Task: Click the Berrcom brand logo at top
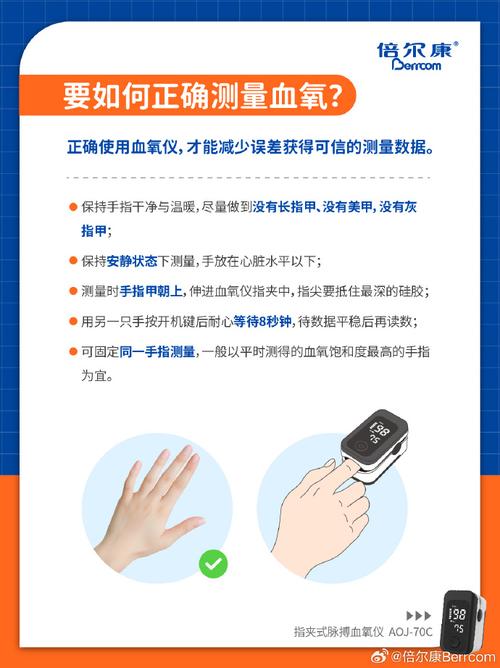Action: [x=417, y=55]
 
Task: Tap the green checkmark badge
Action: [x=213, y=564]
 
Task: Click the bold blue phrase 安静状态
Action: [x=132, y=261]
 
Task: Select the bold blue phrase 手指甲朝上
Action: [x=151, y=291]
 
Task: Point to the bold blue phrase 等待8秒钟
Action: [x=262, y=321]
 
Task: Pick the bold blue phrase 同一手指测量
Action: [x=157, y=352]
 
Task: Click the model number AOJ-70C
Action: [x=410, y=631]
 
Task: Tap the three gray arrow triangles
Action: [x=419, y=615]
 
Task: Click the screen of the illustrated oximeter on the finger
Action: [x=376, y=433]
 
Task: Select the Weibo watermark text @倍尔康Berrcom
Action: [x=443, y=657]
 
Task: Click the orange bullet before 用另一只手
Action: [x=73, y=321]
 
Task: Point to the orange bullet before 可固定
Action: [x=73, y=351]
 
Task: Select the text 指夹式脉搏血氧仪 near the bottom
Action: [x=339, y=631]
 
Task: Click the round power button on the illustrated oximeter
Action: [x=360, y=447]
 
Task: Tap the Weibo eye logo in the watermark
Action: [x=379, y=656]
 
